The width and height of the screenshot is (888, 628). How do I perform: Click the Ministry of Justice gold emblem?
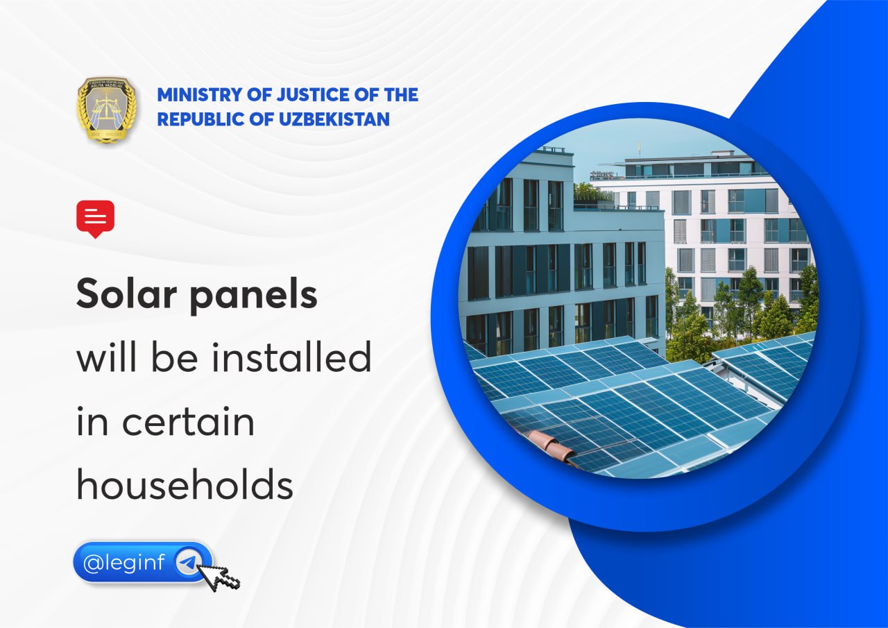coord(107,110)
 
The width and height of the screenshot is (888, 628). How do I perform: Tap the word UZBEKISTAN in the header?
coord(334,119)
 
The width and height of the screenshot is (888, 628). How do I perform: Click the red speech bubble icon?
coord(96,219)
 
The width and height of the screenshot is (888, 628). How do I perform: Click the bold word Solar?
coord(126,294)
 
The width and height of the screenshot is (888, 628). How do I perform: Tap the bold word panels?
coord(254,296)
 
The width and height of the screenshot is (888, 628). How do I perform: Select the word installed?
coord(291,357)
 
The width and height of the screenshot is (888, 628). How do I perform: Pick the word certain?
coord(188,421)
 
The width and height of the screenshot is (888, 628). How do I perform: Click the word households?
coord(185,483)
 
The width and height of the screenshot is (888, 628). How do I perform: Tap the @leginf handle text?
coord(124,562)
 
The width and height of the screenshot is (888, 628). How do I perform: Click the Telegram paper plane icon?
coord(188,562)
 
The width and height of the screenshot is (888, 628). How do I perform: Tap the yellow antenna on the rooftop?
coord(639,149)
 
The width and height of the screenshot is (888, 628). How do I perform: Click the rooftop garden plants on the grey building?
coord(592,193)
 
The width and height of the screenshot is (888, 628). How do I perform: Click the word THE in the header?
coord(401,95)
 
